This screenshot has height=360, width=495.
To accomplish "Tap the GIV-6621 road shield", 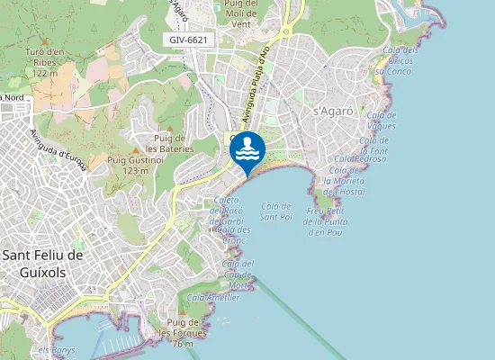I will coord(186,40).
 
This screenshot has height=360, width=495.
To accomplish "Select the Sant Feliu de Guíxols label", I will coord(44,264).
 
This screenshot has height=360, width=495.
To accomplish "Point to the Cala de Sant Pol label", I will coord(276,211).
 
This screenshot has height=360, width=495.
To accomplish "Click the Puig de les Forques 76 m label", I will coord(183,332).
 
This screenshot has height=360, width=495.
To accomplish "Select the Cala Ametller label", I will coord(213,297).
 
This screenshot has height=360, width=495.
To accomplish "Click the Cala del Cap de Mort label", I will coord(238,274).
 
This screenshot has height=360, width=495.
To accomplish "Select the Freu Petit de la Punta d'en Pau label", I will coord(328,221).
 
